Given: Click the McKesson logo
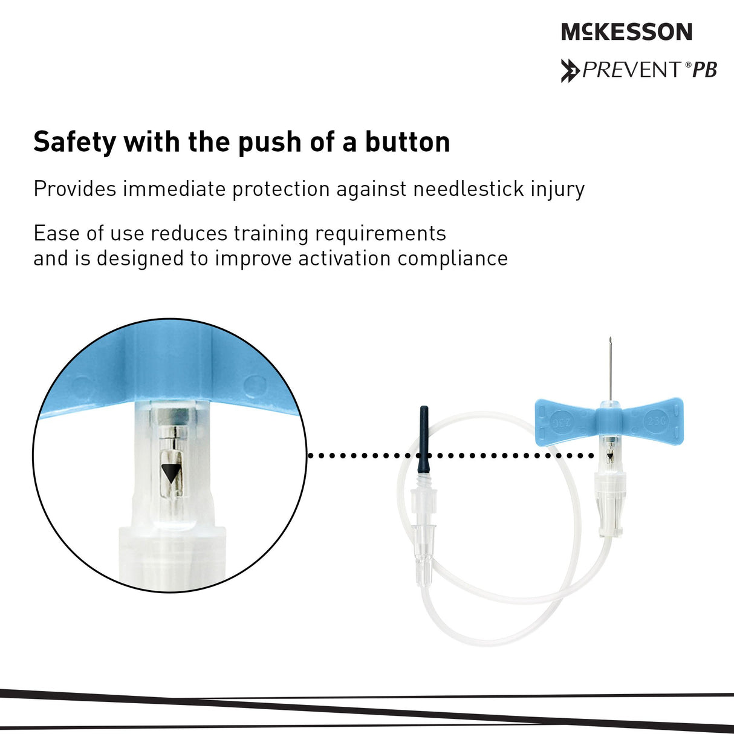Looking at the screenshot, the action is tap(626, 31).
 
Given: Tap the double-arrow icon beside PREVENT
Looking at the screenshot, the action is tap(570, 71).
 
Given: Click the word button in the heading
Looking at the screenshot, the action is tap(408, 141).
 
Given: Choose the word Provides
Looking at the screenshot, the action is tap(74, 189).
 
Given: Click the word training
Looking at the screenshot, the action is tap(271, 233).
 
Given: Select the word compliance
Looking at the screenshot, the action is tap(452, 259).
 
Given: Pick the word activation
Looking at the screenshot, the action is tap(345, 258).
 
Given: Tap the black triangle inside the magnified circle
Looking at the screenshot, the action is tap(171, 473).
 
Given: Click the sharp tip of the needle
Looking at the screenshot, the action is tap(610, 338).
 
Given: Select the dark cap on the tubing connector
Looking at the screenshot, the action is tap(424, 441).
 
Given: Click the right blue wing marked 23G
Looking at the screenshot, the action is tap(652, 421).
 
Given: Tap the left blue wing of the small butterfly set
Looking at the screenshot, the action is tap(567, 421).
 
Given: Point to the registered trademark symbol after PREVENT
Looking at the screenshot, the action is tap(688, 65).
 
